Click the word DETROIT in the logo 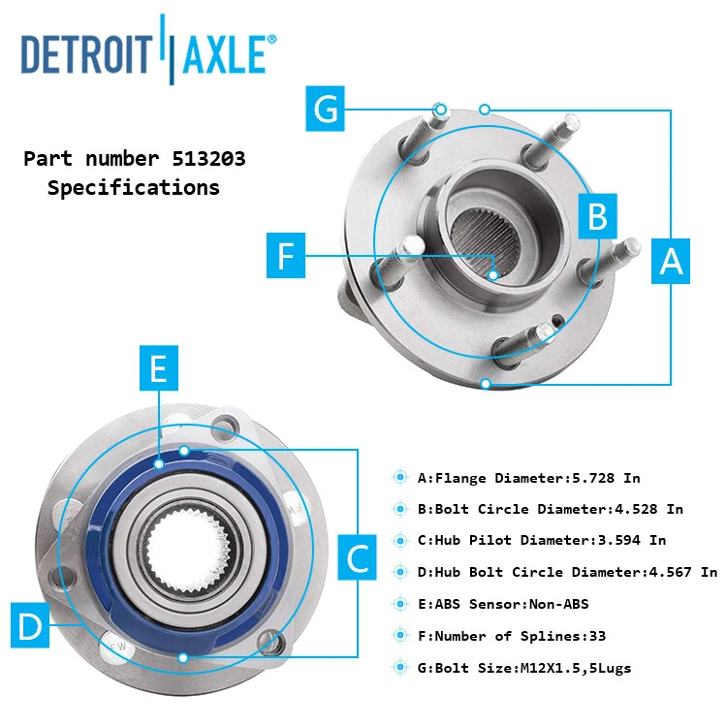tap(85, 54)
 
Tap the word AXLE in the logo tap(224, 54)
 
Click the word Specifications tap(134, 188)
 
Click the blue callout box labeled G tap(328, 109)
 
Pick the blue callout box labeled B tap(598, 215)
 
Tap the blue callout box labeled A tap(671, 261)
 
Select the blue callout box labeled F tap(285, 256)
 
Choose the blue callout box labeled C tap(358, 558)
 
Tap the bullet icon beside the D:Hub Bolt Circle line tap(400, 572)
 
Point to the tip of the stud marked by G tap(440, 109)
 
